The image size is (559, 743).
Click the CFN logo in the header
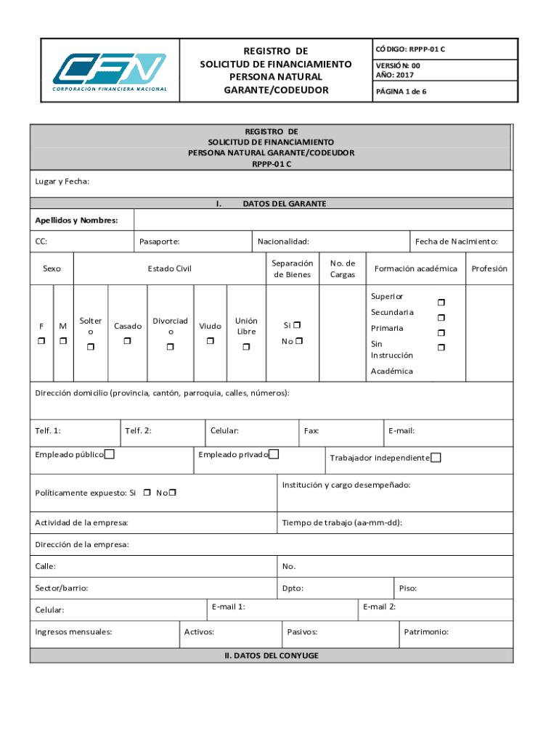click(110, 73)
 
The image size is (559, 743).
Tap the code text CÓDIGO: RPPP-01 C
click(410, 49)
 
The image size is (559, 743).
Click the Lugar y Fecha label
click(62, 181)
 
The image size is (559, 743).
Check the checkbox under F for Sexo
click(41, 341)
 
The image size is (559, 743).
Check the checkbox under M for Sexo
click(63, 341)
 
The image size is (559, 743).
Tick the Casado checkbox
click(127, 341)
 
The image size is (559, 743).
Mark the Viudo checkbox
click(211, 341)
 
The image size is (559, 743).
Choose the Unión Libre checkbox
click(246, 348)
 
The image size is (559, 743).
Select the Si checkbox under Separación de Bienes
click(298, 326)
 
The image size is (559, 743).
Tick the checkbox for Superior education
click(440, 302)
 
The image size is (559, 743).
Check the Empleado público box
click(109, 455)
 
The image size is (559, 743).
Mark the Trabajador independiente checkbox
click(436, 458)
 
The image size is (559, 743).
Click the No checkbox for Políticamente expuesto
click(173, 493)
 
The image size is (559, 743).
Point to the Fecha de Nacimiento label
click(461, 242)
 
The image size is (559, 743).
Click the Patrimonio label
click(427, 632)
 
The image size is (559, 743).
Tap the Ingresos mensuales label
click(73, 632)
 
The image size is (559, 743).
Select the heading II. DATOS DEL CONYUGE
click(272, 655)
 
